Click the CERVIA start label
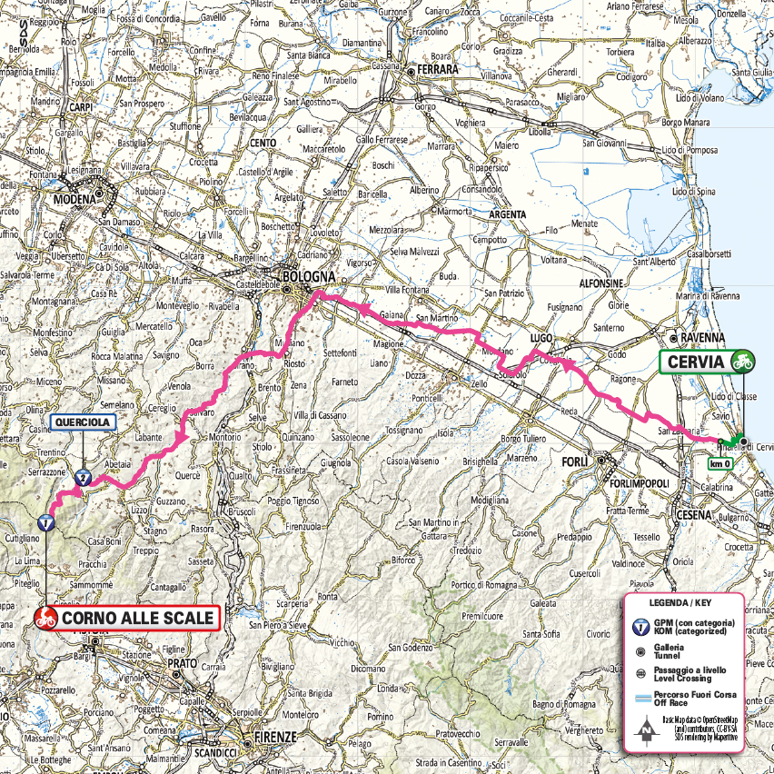pyautogui.click(x=696, y=362)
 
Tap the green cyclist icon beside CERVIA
pyautogui.click(x=742, y=362)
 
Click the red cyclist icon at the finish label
pyautogui.click(x=44, y=619)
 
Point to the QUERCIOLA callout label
pyautogui.click(x=83, y=422)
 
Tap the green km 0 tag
pyautogui.click(x=719, y=464)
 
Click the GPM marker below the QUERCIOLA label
pyautogui.click(x=83, y=476)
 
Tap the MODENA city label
pyautogui.click(x=74, y=199)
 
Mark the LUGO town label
pyautogui.click(x=541, y=337)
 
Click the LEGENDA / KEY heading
pyautogui.click(x=681, y=603)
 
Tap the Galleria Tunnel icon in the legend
pyautogui.click(x=640, y=650)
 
